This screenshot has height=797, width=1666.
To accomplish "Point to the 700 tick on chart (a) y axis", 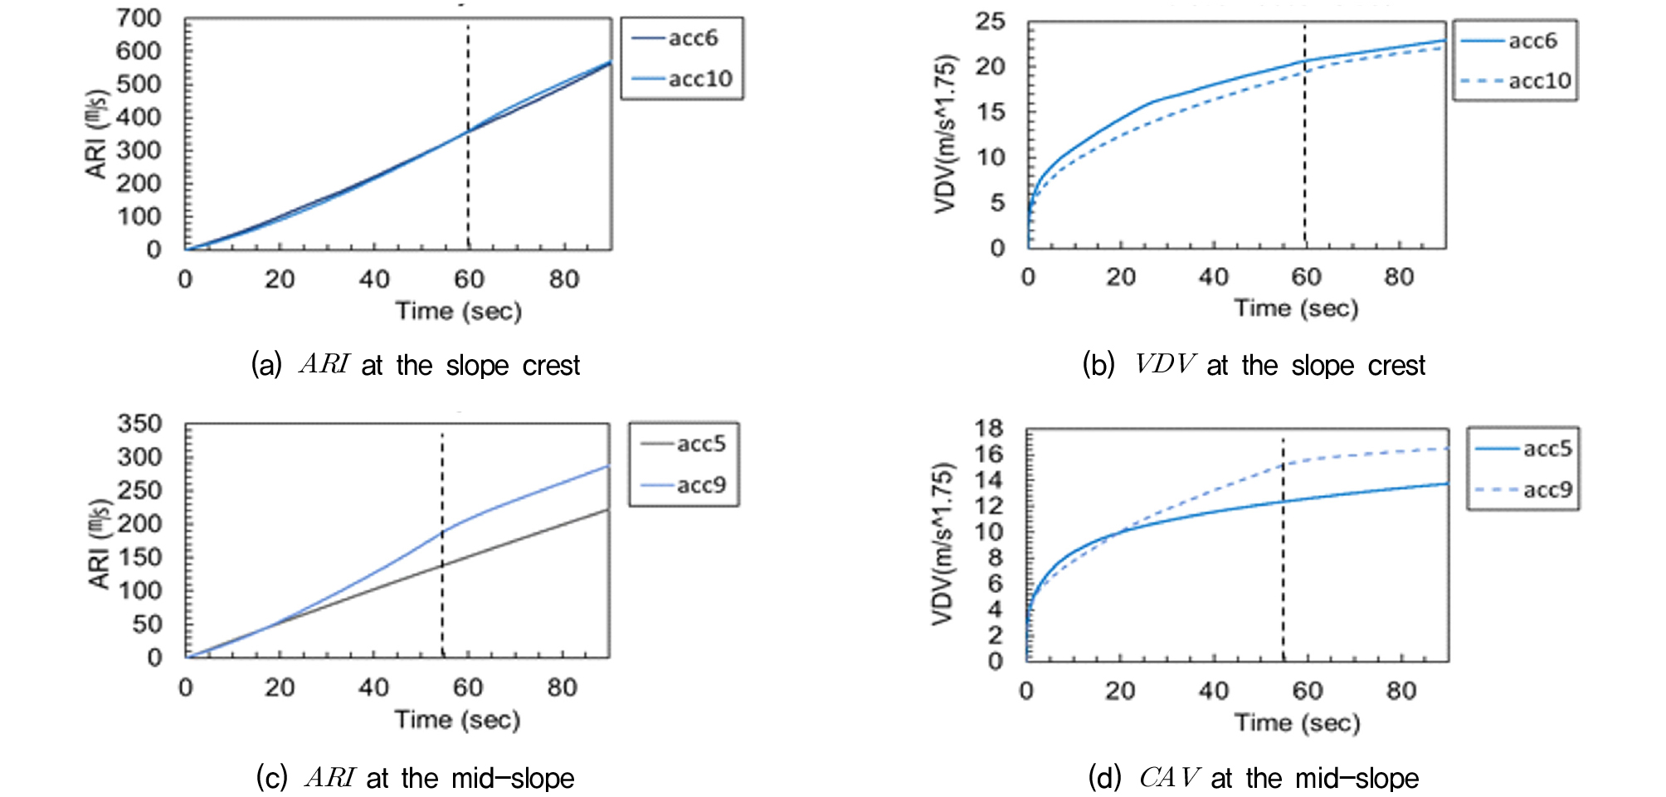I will point(139,18).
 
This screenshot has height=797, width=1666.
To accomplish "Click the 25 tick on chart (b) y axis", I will point(990,22).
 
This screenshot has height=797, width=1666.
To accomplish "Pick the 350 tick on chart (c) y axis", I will point(139,424).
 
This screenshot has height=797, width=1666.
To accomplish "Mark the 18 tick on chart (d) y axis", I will point(989,429).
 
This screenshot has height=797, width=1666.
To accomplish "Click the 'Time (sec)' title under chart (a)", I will point(458,311).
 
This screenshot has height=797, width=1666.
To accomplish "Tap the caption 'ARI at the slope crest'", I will point(416,365).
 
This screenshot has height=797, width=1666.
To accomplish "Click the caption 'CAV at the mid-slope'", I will point(1254,778).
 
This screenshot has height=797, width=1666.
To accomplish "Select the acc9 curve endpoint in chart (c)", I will point(608,466).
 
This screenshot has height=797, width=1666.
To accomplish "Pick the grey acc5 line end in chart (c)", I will point(608,509).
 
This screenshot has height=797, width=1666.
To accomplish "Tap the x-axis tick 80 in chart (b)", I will point(1399,277).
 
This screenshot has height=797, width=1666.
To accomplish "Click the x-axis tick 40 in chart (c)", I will point(373,688).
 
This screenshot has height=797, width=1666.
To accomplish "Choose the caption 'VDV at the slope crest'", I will point(1254,365).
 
